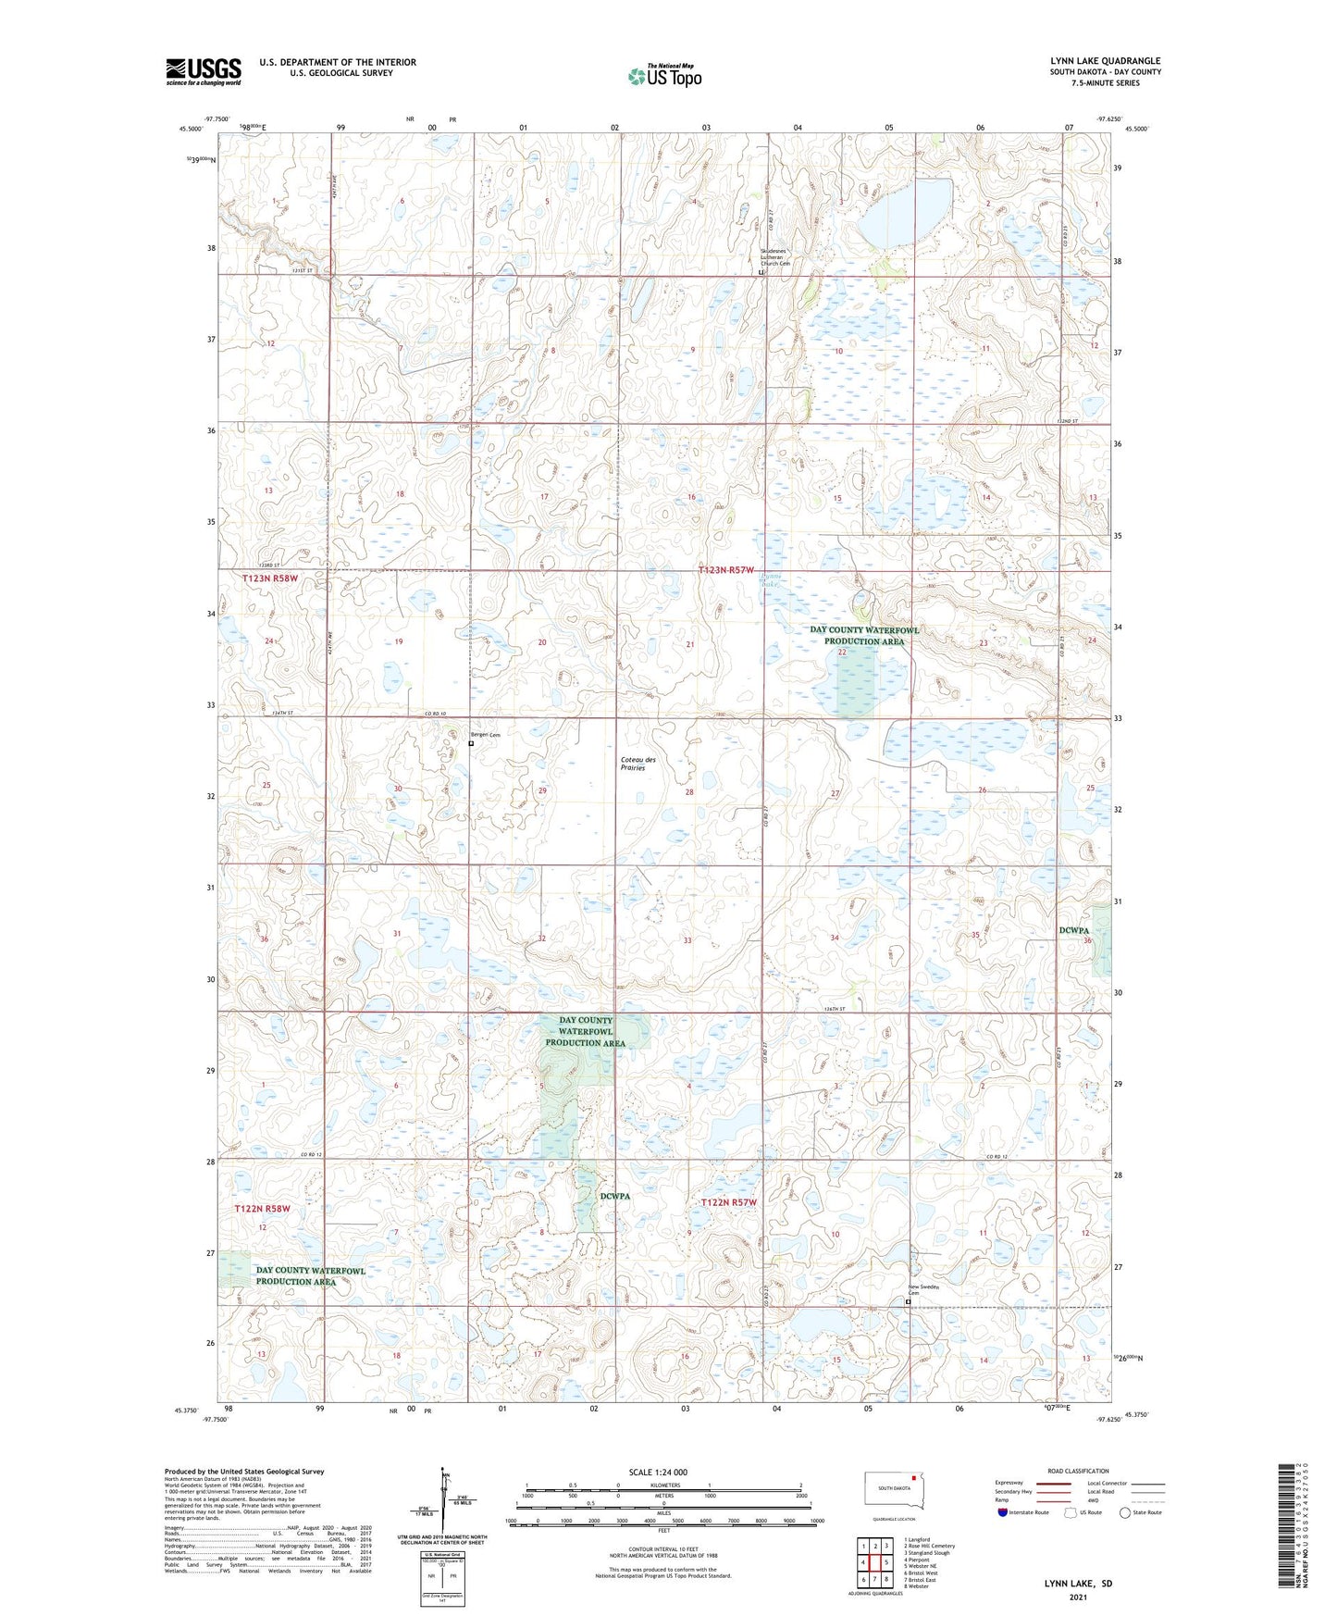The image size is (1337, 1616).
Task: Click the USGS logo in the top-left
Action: [204, 71]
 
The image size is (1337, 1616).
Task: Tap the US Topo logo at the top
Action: [663, 76]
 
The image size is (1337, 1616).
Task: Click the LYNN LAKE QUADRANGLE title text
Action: [1105, 61]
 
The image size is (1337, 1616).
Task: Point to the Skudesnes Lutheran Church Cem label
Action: [775, 257]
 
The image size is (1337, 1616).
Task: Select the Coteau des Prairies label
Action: [638, 764]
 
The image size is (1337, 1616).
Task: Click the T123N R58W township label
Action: [270, 578]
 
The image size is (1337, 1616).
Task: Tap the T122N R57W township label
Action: [728, 1202]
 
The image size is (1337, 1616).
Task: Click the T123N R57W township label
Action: [726, 570]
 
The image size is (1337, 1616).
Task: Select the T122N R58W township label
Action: [262, 1209]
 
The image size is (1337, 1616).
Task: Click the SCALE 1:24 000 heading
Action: [658, 1472]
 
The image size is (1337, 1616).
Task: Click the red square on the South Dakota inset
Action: [914, 1477]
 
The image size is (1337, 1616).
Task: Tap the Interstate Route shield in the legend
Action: [1003, 1512]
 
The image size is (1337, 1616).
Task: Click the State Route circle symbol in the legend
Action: [1125, 1512]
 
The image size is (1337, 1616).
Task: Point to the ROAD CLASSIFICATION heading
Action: [1078, 1471]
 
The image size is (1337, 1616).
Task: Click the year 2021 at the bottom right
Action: [1078, 1597]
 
